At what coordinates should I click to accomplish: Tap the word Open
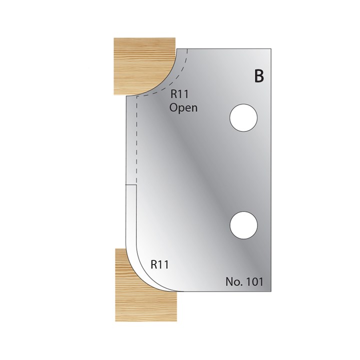(183, 107)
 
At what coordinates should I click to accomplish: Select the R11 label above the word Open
(179, 94)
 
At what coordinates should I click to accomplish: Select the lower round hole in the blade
(243, 224)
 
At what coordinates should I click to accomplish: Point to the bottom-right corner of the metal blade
(270, 290)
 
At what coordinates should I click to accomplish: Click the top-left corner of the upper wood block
(114, 37)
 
